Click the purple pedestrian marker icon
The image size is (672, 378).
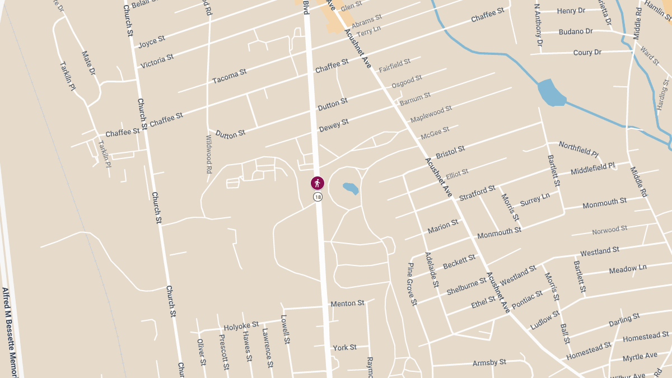pos(318,183)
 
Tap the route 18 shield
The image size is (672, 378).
pos(318,197)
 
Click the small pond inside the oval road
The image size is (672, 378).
pos(351,188)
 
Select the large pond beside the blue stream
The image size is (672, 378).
pos(551,93)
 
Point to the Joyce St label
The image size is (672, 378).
pos(152,41)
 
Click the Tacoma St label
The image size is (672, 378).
pos(230,77)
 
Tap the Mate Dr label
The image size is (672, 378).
pos(89,63)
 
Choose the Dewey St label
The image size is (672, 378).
pos(334,125)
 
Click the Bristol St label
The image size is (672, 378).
pos(450,152)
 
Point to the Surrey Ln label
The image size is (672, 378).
pos(535,199)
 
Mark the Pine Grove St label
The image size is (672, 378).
pos(412,284)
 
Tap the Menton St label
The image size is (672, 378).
pos(347,304)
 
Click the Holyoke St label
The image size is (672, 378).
pos(241,325)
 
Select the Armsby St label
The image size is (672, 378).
pos(489,362)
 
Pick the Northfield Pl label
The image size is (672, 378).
pos(578,149)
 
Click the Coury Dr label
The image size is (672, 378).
pos(587,53)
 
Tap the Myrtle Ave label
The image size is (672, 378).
pos(640,357)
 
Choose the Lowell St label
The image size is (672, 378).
pos(286,329)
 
